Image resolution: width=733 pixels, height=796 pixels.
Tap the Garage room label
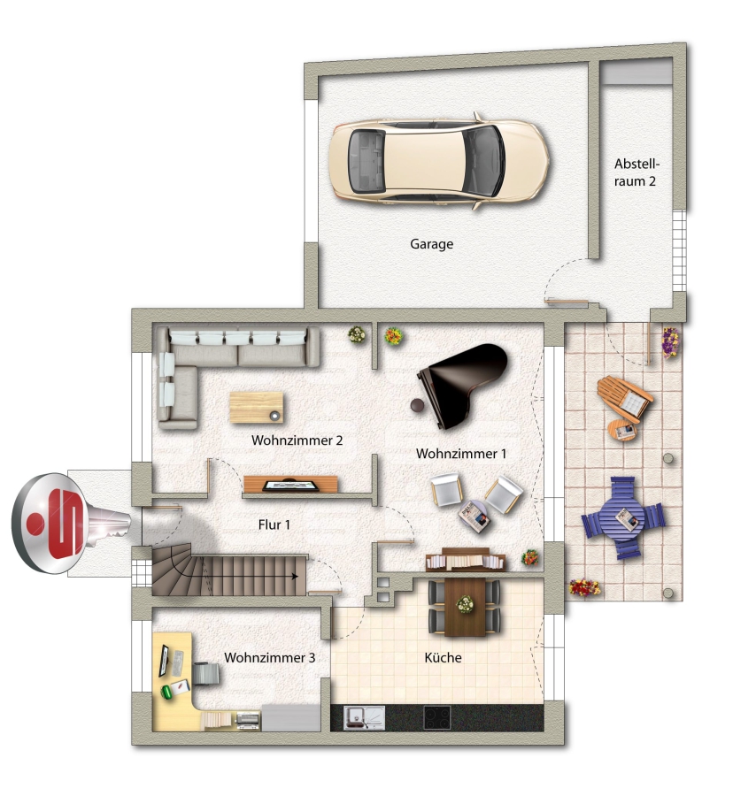432,244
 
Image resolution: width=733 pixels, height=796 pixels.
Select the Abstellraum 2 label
636,172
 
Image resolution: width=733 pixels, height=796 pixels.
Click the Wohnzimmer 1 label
461,454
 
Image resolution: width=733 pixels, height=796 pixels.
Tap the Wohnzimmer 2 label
297,440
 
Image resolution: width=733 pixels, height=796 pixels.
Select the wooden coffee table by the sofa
257,407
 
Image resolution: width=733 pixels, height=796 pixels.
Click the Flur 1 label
274,524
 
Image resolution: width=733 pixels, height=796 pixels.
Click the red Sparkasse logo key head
50,524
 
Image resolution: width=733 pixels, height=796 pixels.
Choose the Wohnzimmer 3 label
270,657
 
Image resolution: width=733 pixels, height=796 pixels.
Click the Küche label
443,657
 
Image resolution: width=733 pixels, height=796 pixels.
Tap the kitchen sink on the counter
364,718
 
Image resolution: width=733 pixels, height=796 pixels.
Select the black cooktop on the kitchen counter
437,718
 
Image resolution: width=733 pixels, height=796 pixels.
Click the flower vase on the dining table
465,604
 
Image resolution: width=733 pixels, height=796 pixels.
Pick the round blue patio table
624,517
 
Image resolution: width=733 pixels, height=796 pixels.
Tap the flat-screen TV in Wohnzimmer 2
291,486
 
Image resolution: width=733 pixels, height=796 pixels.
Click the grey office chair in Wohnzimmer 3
207,674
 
